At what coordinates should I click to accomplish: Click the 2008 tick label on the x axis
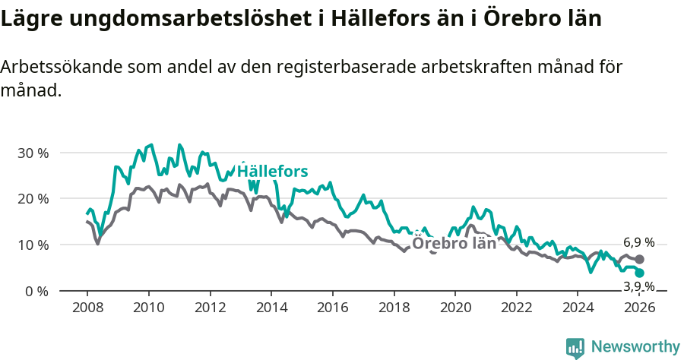(x=87, y=308)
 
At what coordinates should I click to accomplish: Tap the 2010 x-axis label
(x=148, y=308)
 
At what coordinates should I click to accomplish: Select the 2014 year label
(x=271, y=308)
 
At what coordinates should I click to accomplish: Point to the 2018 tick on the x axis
(x=394, y=308)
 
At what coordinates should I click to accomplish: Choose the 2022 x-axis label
(x=517, y=308)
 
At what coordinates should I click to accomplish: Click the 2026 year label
(x=640, y=308)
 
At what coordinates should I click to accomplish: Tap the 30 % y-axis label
(x=32, y=153)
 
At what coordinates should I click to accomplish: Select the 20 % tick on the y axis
(x=32, y=199)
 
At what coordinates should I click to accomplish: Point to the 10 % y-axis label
(x=32, y=245)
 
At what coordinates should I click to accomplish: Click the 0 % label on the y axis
(x=35, y=292)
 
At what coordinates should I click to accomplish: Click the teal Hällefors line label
(x=272, y=172)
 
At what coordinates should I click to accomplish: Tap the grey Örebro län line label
(x=454, y=244)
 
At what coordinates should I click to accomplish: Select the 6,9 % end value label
(x=638, y=243)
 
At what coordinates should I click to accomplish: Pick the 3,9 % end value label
(x=638, y=286)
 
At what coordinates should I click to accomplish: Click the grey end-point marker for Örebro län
(x=640, y=259)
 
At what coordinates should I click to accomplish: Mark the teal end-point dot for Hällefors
(x=640, y=273)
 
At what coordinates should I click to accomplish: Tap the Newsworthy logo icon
(x=575, y=348)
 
